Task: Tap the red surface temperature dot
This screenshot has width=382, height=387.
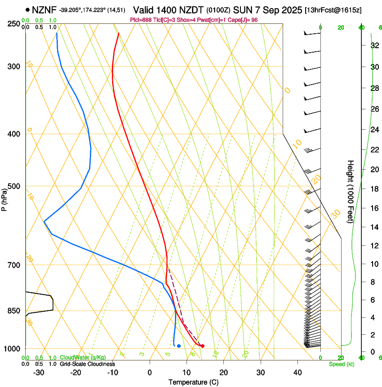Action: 203,346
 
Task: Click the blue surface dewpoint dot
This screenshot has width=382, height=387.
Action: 179,346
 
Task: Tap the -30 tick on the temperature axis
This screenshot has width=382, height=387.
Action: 39,372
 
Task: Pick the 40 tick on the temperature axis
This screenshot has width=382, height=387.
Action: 298,372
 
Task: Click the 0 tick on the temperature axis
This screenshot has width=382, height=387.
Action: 150,372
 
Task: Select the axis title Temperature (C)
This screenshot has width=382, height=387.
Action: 193,382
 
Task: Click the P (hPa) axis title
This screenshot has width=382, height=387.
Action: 4,198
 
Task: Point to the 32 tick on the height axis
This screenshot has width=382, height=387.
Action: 373,45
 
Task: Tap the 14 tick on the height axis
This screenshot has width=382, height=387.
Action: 373,227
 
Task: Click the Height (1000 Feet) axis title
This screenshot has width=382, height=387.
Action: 351,191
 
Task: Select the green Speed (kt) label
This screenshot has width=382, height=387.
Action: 341,364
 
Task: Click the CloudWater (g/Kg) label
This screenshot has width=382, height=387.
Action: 83,358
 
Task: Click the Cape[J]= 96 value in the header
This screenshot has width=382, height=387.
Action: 243,20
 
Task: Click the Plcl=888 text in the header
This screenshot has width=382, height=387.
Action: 140,20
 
